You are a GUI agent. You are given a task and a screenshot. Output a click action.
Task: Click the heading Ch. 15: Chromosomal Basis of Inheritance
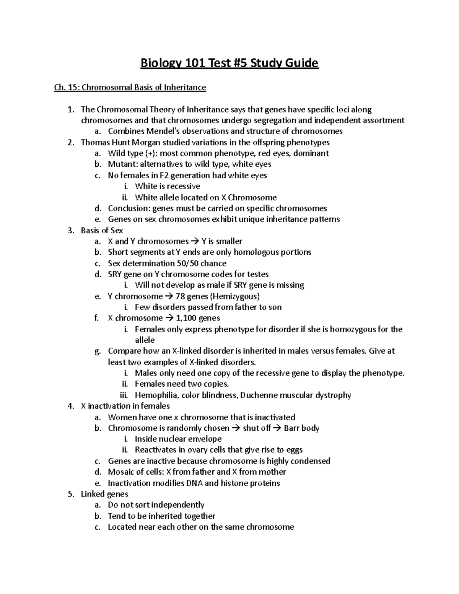(x=130, y=88)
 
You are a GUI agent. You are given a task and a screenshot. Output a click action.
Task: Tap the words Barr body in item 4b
(x=301, y=428)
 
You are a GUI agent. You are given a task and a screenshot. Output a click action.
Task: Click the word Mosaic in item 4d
(x=122, y=472)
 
